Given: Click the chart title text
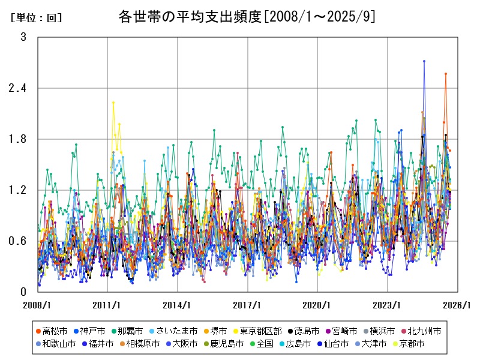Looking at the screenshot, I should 247,16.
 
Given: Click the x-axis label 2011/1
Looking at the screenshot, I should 108,305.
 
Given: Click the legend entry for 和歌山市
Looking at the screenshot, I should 58,344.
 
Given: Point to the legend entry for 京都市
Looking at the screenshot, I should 413,344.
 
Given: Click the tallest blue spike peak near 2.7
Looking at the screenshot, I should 424,61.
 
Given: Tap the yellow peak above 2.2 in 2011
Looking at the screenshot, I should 113,103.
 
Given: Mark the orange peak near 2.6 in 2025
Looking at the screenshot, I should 446,74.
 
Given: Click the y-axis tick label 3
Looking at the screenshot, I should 23,37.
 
